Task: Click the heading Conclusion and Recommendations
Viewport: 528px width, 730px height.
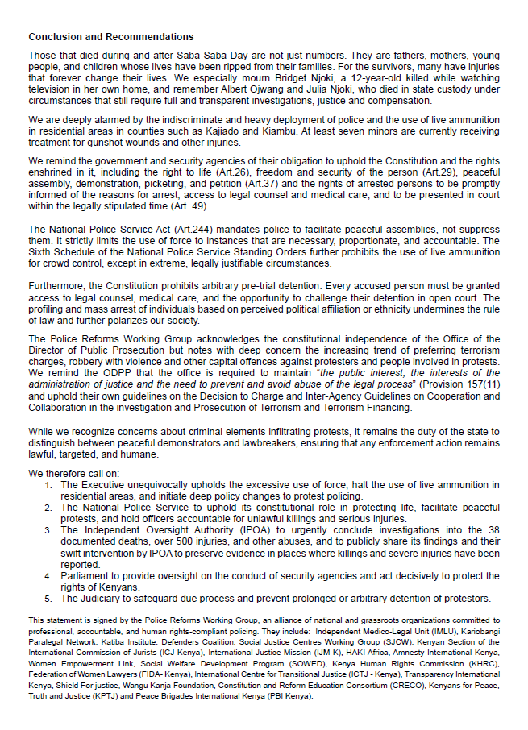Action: click(x=111, y=37)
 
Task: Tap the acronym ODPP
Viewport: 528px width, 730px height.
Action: click(x=116, y=374)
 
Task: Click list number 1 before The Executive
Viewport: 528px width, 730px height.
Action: click(x=49, y=485)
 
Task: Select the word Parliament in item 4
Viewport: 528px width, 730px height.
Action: click(x=86, y=576)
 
